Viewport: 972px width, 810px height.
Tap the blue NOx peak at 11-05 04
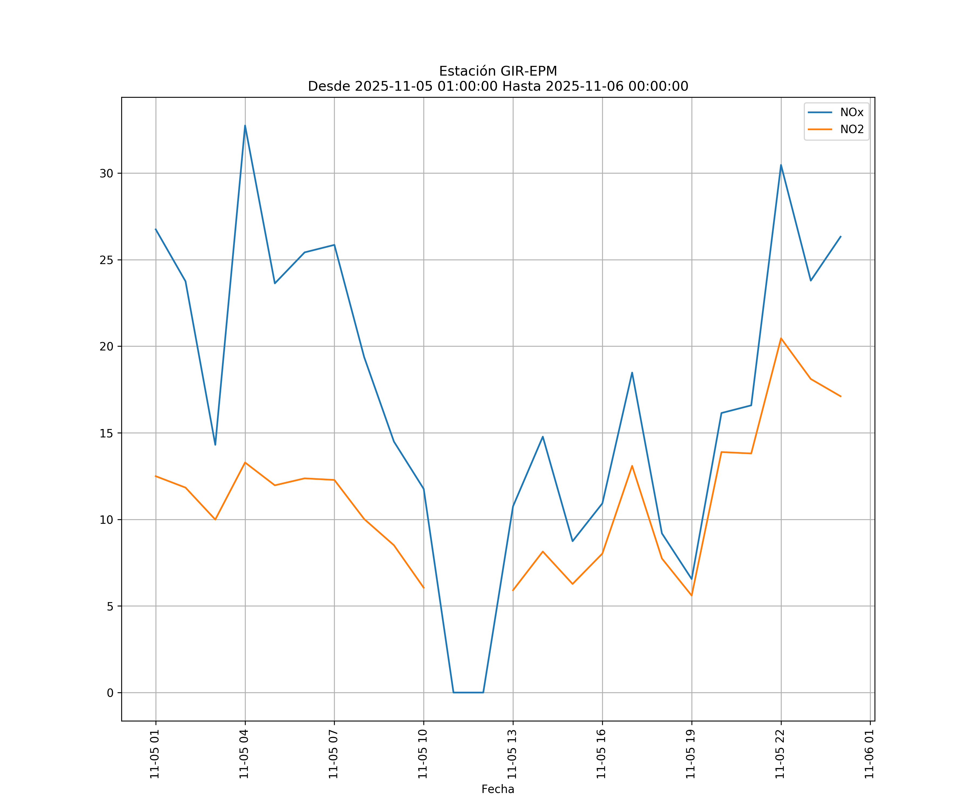245,126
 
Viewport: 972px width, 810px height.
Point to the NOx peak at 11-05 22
781,165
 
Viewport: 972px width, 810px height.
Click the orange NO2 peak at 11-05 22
781,338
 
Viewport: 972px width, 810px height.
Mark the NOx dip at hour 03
215,444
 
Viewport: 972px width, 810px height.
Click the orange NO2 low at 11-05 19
691,595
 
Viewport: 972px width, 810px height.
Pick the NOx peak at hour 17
632,373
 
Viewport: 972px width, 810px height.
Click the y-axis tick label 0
110,693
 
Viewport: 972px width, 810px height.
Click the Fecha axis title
498,789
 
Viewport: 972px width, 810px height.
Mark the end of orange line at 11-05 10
424,588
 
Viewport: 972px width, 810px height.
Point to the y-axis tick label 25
106,260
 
